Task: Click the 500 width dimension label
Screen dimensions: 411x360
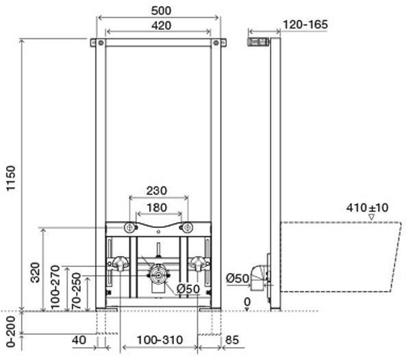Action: tap(161, 10)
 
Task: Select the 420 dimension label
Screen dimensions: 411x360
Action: tap(161, 25)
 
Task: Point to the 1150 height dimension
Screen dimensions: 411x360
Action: tap(11, 178)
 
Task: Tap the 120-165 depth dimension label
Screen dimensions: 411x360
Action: tap(306, 25)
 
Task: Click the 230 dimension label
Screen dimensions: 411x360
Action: tap(156, 190)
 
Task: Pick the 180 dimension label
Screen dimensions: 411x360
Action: tap(157, 207)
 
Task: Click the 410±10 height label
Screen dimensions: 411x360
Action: tap(367, 207)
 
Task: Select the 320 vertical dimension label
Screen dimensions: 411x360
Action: tap(35, 272)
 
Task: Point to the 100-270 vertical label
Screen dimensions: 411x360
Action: tap(55, 287)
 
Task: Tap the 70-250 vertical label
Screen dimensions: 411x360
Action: tap(76, 291)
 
